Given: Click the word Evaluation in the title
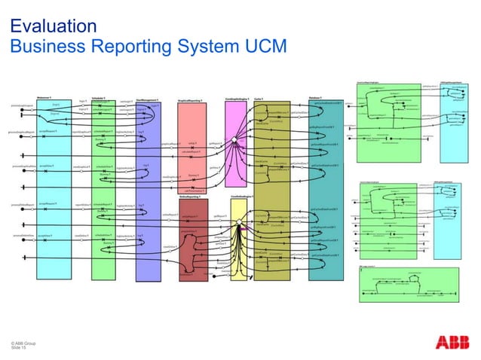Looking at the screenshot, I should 53,26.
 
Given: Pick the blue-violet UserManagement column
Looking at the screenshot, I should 148,188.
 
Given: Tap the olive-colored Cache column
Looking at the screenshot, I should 271,188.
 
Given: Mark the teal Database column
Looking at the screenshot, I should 326,188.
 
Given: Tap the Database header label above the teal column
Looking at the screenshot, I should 315,98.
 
